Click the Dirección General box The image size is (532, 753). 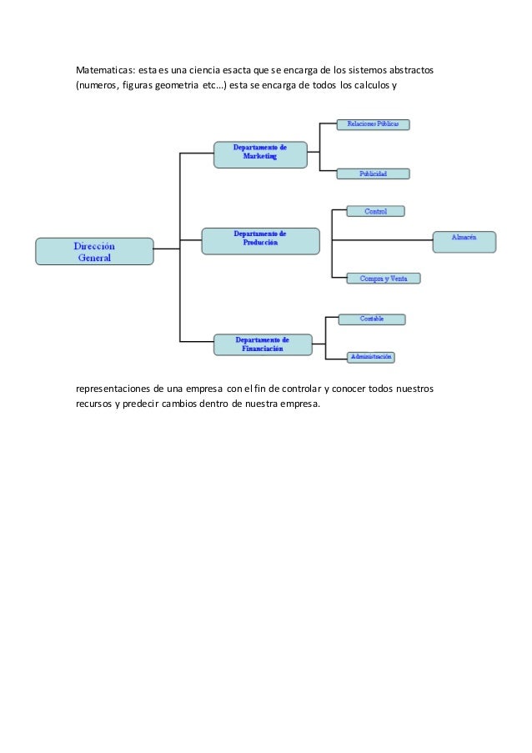(x=94, y=252)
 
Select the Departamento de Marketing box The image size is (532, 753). (x=259, y=153)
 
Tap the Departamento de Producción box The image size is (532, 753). (x=260, y=240)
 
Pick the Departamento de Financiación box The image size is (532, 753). (x=262, y=344)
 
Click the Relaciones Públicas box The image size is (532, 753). (x=373, y=124)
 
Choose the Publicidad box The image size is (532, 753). (x=373, y=174)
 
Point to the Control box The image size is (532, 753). (x=375, y=212)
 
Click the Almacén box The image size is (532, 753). (x=464, y=241)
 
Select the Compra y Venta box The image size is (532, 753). (x=383, y=279)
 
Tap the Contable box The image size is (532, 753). (x=372, y=319)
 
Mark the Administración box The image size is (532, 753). (x=371, y=357)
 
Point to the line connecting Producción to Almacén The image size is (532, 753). (x=380, y=241)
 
